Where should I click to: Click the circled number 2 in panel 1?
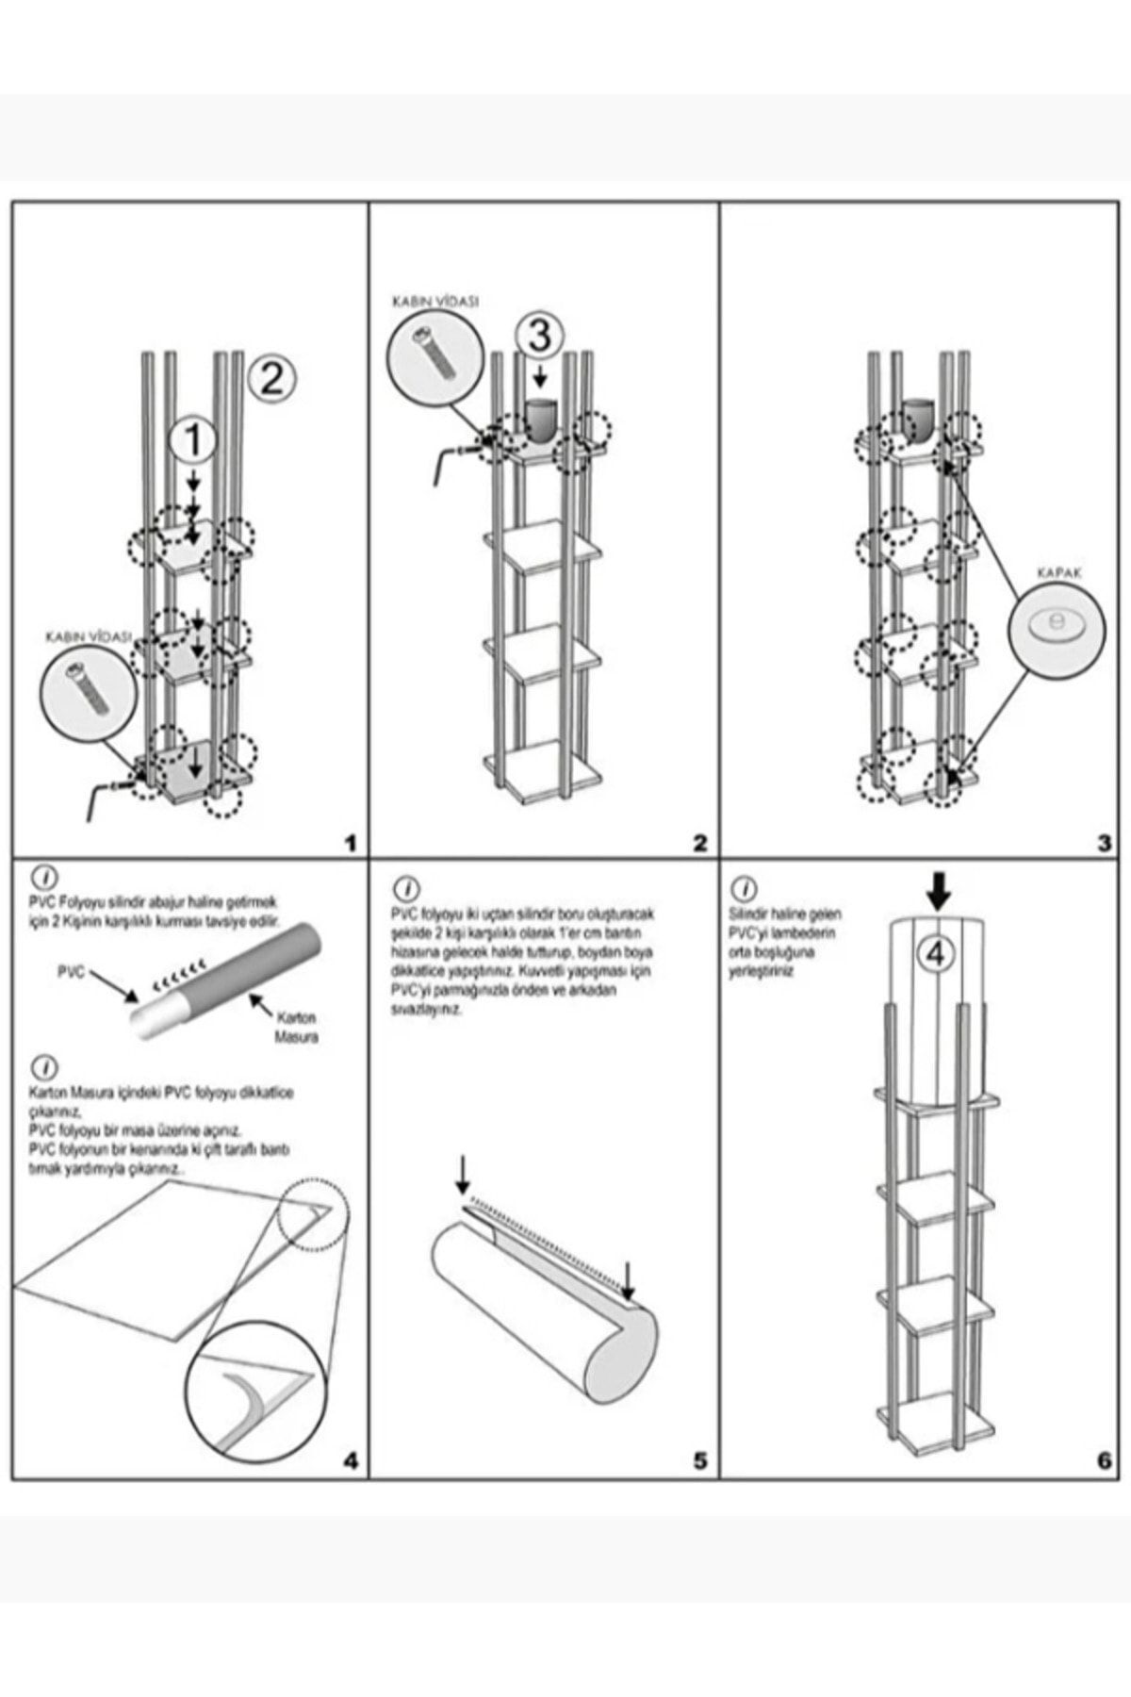[x=270, y=379]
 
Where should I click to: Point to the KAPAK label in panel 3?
[x=1060, y=572]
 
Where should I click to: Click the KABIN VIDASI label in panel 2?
[x=435, y=303]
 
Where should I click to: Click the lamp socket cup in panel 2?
[x=541, y=420]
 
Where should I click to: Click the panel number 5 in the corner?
[x=699, y=1460]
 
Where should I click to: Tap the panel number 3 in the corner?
[x=1104, y=843]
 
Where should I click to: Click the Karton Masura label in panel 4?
[x=295, y=1027]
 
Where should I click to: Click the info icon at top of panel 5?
[x=407, y=889]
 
